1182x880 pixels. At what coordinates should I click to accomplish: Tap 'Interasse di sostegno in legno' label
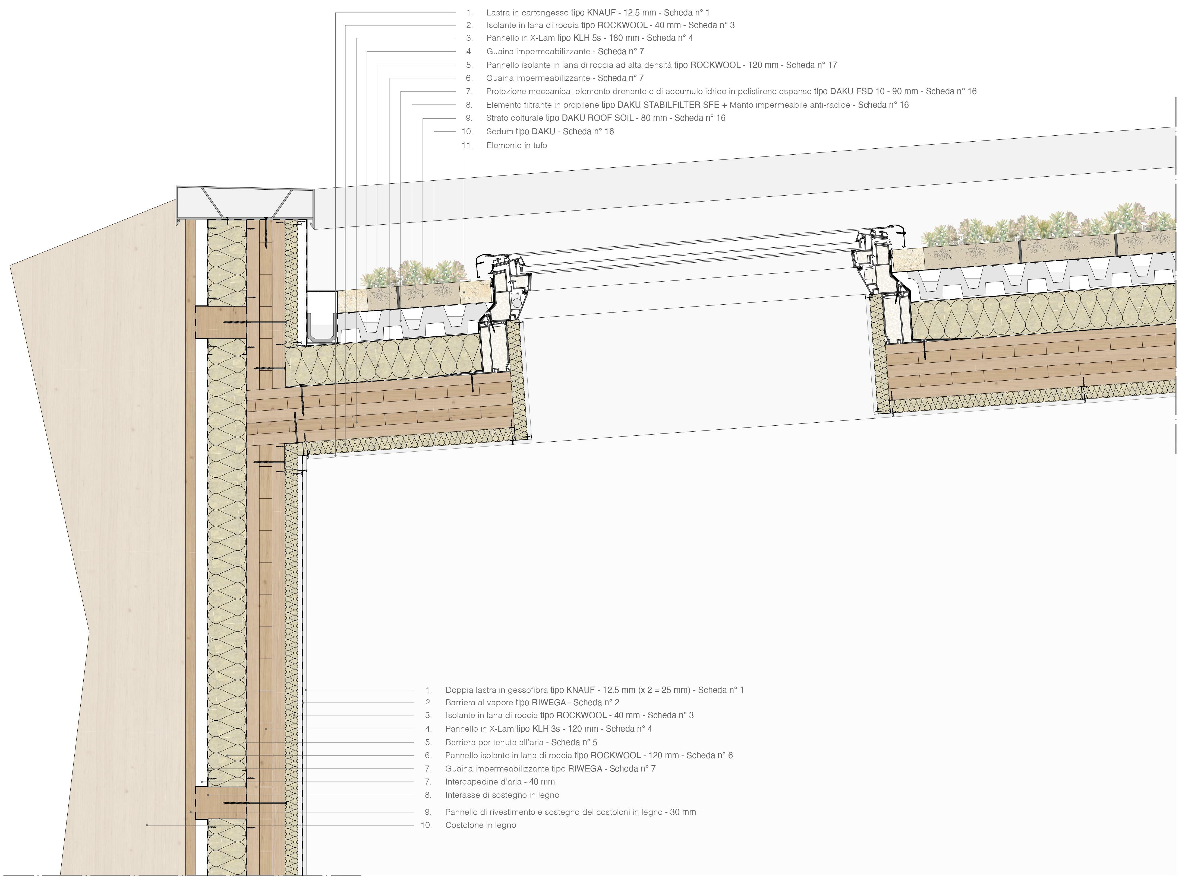coord(502,795)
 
